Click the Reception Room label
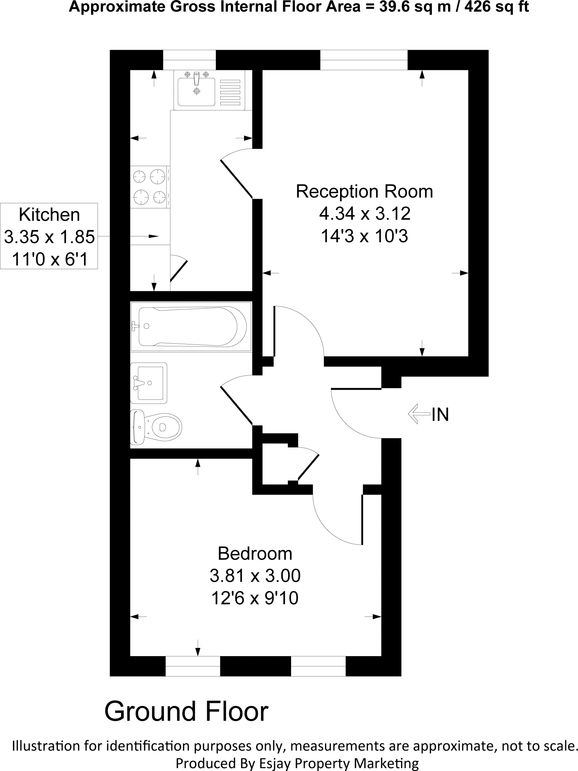364,192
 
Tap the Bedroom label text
255,554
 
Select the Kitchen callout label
49,215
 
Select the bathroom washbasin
149,383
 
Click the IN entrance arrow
419,414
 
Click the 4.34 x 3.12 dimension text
364,214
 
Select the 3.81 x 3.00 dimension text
255,576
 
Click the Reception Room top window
364,60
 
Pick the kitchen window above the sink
189,60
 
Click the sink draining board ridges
230,92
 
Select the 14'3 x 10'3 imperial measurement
364,236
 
